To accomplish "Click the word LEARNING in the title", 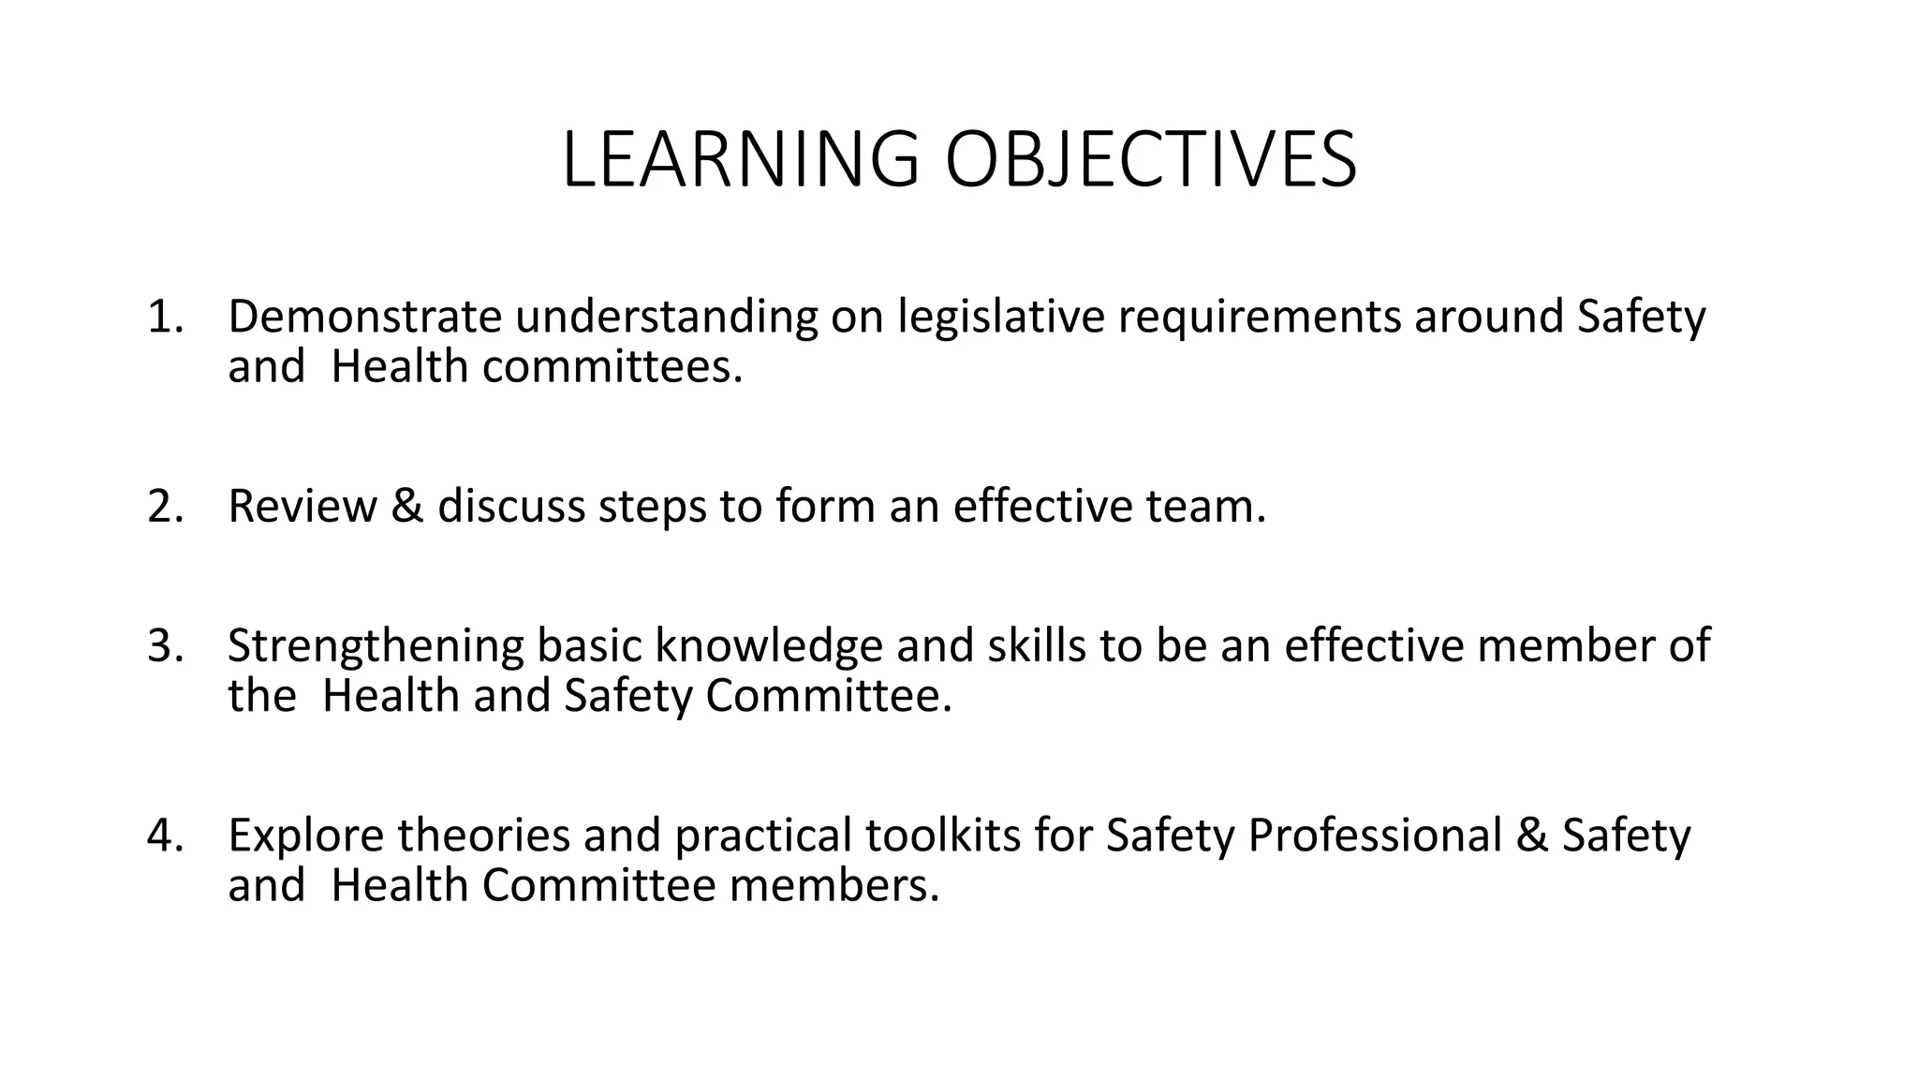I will point(740,159).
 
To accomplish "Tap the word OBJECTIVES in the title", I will point(1151,159).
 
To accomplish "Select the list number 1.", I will point(164,317).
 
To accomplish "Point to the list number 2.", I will point(164,506).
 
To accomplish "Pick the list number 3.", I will point(164,646).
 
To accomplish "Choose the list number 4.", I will point(164,835).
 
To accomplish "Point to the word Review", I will point(302,506).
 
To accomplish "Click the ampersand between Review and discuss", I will point(407,506).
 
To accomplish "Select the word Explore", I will point(305,836).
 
